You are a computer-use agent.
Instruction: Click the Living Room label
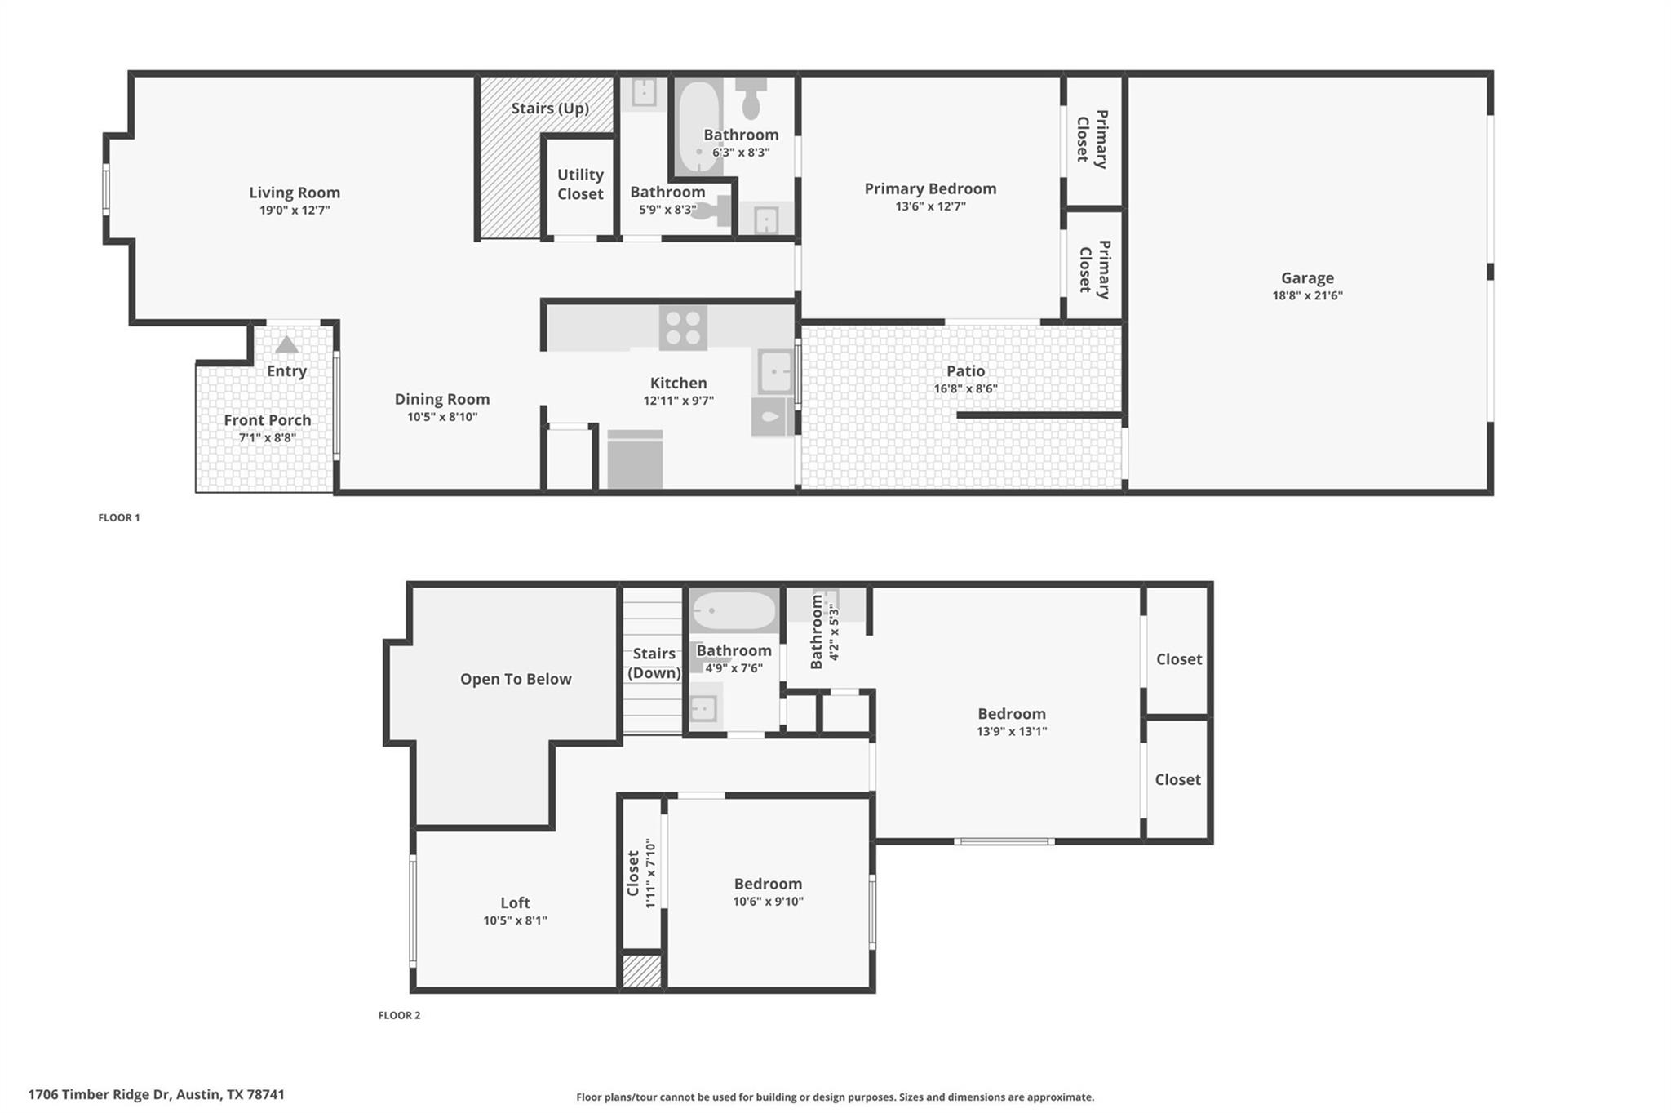pyautogui.click(x=295, y=193)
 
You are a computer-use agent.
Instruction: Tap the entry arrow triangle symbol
pyautogui.click(x=286, y=345)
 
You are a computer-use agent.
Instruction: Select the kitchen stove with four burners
pyautogui.click(x=683, y=328)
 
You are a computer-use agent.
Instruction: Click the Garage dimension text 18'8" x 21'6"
pyautogui.click(x=1307, y=295)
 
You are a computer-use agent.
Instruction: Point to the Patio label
pyautogui.click(x=965, y=371)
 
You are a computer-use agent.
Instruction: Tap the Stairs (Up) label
pyautogui.click(x=550, y=109)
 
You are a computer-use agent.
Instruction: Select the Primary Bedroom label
pyautogui.click(x=930, y=188)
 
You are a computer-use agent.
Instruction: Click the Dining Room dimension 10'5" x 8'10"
pyautogui.click(x=442, y=417)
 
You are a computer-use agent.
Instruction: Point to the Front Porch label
pyautogui.click(x=268, y=420)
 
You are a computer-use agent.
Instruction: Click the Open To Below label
pyautogui.click(x=516, y=679)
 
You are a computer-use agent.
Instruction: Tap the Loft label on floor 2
pyautogui.click(x=515, y=902)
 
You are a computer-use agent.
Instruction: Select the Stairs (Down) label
pyautogui.click(x=654, y=663)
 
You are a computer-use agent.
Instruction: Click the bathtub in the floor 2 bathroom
pyautogui.click(x=734, y=611)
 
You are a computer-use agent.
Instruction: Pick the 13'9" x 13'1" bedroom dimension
pyautogui.click(x=1012, y=731)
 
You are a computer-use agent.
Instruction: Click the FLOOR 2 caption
pyautogui.click(x=399, y=1015)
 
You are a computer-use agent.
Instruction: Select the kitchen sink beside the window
pyautogui.click(x=773, y=371)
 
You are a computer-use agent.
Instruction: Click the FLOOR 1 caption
pyautogui.click(x=119, y=517)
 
